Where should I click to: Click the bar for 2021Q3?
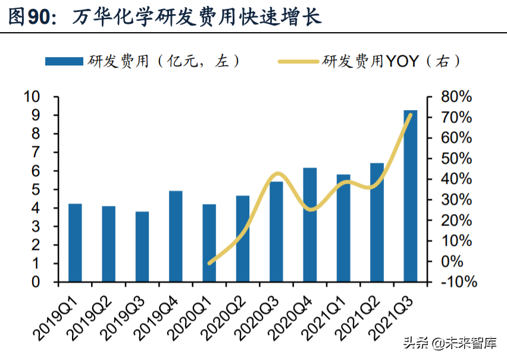coord(410,196)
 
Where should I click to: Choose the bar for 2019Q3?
coord(142,246)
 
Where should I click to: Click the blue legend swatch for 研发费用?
coord(64,61)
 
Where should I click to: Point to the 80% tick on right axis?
coord(456,97)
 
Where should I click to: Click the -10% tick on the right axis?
coord(456,282)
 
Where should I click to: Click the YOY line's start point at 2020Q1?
coord(209,262)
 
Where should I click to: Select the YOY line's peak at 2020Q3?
coord(277,174)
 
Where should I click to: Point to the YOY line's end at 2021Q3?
coord(410,114)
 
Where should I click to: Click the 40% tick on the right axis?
coord(456,179)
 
